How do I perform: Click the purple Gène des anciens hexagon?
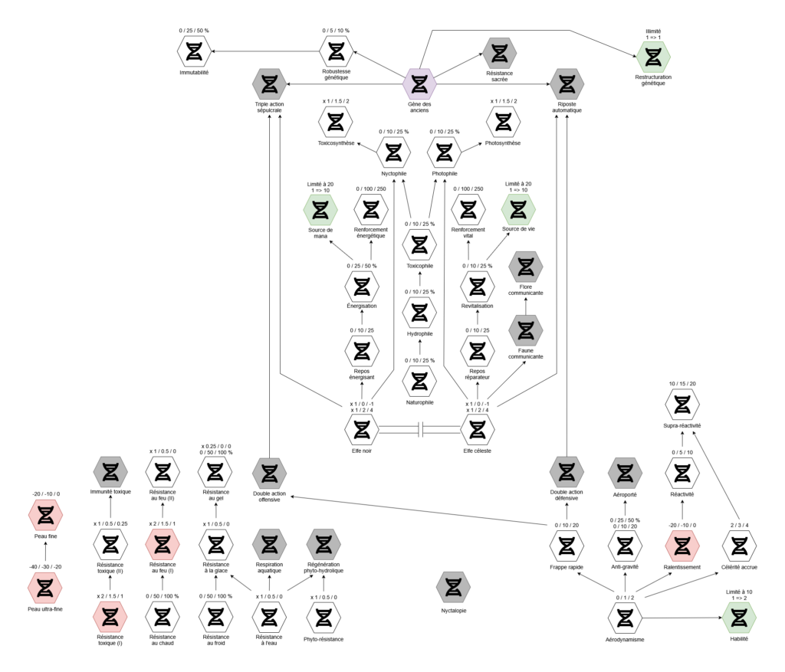(x=419, y=84)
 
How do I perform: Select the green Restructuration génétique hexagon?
(x=653, y=57)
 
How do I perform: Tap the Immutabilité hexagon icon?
(x=194, y=51)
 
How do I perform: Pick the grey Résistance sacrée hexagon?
(x=500, y=51)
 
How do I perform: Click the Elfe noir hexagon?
(x=360, y=430)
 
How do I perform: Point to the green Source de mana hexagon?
(x=320, y=209)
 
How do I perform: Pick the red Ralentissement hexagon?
(x=682, y=546)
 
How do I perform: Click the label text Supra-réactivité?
(x=682, y=425)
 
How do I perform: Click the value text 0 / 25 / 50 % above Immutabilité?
(x=194, y=31)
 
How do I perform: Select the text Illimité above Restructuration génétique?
(x=653, y=31)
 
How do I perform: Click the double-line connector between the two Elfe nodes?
(x=419, y=430)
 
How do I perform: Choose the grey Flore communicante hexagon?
(x=525, y=267)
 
